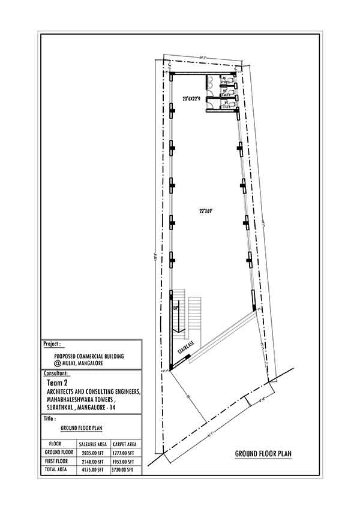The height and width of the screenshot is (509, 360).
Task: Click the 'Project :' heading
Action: coord(52,345)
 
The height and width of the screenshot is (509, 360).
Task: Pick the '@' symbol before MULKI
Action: coord(58,363)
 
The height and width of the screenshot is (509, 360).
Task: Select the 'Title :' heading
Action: coord(50,420)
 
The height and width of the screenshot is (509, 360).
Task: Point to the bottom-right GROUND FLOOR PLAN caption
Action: coord(263,454)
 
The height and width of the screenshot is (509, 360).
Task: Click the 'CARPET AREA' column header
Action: coord(126,443)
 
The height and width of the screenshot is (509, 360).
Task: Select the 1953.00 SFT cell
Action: coord(126,461)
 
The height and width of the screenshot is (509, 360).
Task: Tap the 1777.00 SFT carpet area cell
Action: coord(126,452)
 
